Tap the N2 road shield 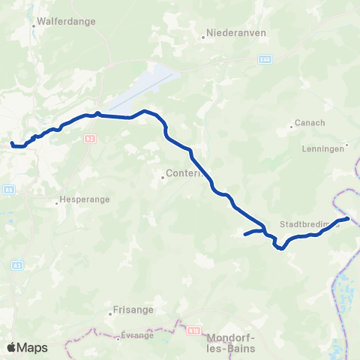pyautogui.click(x=89, y=138)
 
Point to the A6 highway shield pyautogui.click(x=8, y=190)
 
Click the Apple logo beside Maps pyautogui.click(x=11, y=347)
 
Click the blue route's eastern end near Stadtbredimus pyautogui.click(x=348, y=219)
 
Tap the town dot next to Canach pyautogui.click(x=292, y=127)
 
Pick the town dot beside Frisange pyautogui.click(x=110, y=313)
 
